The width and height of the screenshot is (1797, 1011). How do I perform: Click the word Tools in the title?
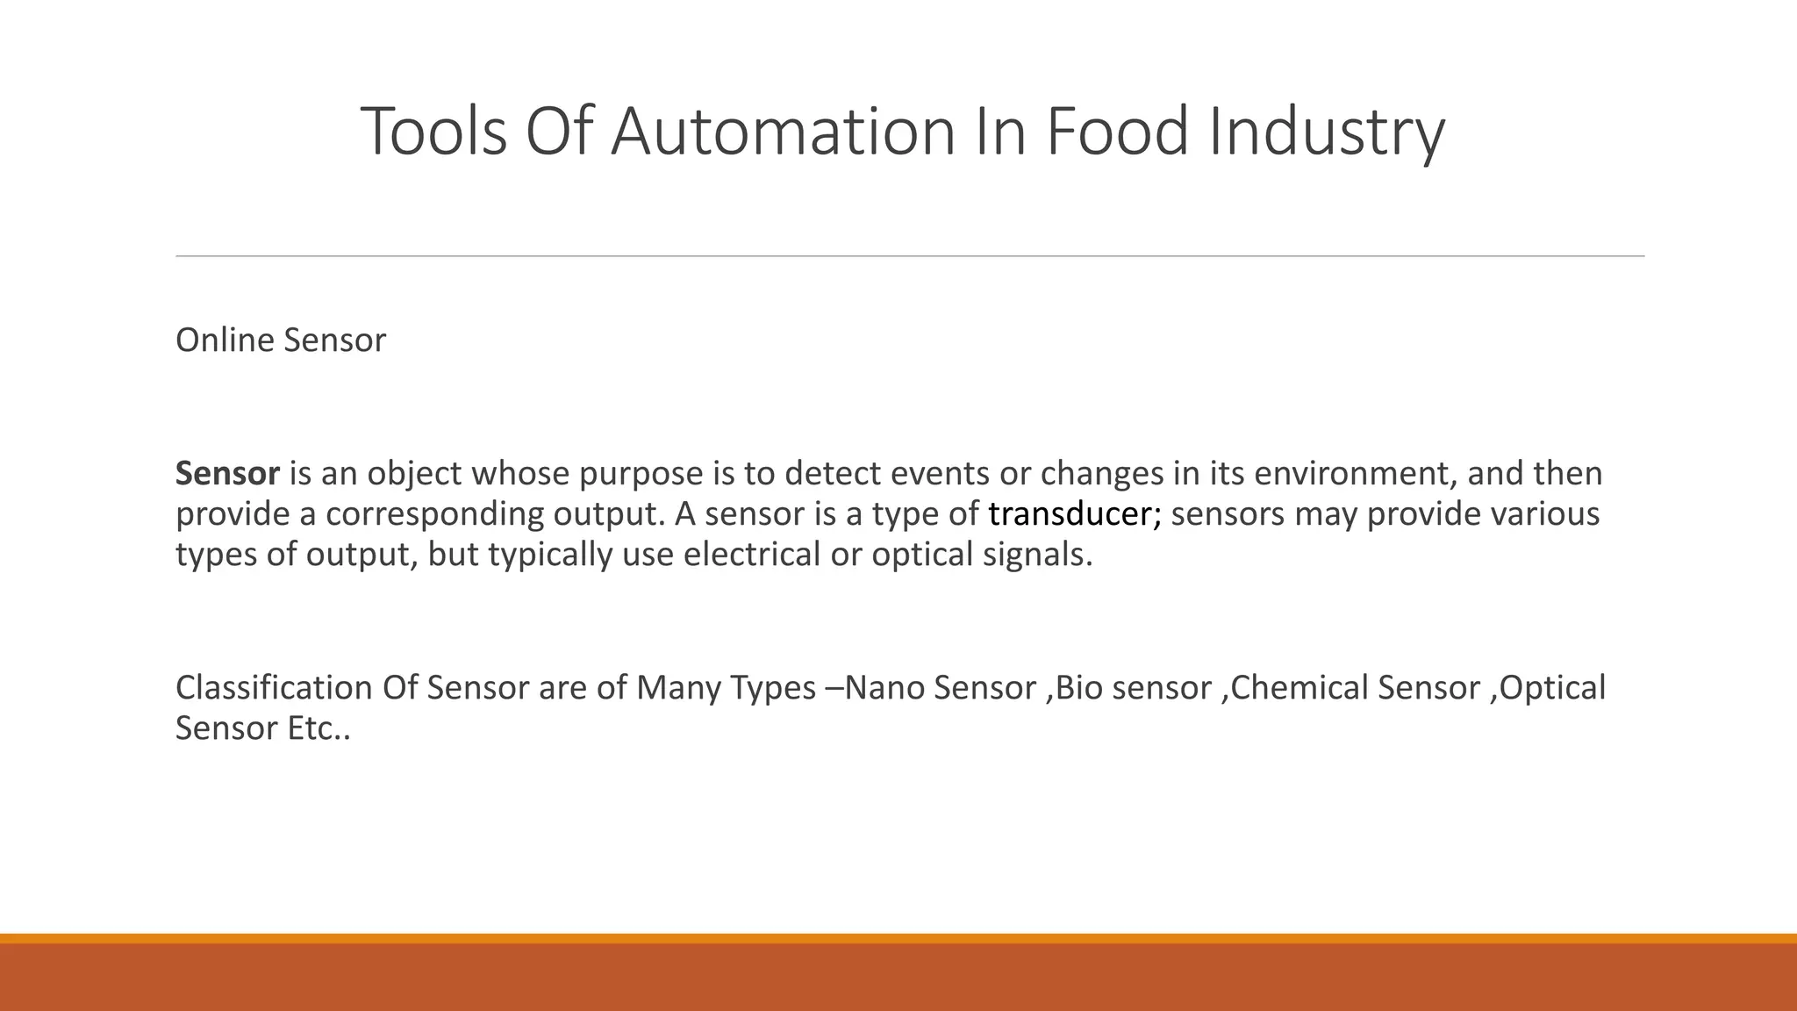click(433, 132)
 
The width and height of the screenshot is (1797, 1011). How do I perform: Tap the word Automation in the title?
click(782, 132)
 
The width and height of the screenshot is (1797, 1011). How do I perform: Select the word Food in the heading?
click(1116, 132)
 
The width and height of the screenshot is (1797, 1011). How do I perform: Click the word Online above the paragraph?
click(225, 341)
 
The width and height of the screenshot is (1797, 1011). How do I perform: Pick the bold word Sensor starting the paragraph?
click(227, 474)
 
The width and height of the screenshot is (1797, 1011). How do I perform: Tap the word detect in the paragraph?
click(833, 474)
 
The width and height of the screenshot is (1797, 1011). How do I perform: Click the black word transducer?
click(1074, 514)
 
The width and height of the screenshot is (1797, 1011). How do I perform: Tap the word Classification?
click(274, 688)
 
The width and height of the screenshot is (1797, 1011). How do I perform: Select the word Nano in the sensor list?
click(884, 688)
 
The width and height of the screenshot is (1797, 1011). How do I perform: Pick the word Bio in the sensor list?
click(1076, 688)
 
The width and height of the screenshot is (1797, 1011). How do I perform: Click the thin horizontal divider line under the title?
click(910, 256)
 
